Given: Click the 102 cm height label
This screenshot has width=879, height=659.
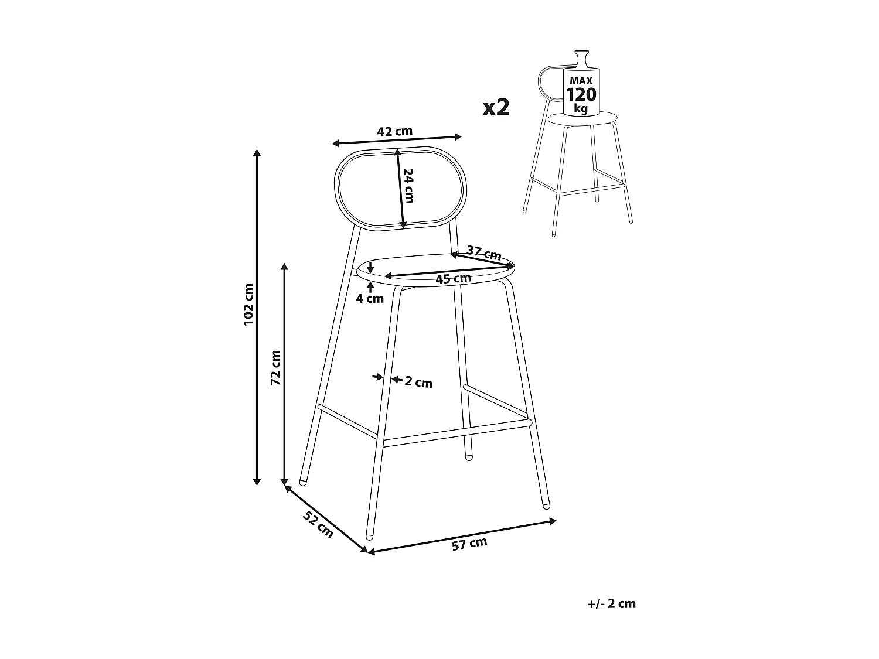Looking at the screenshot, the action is coord(248,304).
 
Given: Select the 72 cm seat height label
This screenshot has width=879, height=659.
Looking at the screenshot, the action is coord(275,367).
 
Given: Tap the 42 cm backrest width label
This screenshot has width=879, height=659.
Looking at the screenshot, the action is coord(394,131).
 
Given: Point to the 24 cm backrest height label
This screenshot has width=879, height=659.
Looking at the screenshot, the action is coord(408,186).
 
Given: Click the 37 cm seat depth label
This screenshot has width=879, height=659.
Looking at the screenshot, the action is coord(484,253).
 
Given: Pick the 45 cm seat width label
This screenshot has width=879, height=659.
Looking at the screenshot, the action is coord(453,278).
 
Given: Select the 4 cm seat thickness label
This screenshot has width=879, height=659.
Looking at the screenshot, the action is coord(370,298).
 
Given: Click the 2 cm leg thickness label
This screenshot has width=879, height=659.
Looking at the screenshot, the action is coord(418,382).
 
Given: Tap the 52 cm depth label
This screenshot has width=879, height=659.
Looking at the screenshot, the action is coord(318,524).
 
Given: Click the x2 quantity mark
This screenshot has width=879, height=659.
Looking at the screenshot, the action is coord(496,108).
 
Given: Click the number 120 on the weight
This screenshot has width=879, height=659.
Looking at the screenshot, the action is coord(581,95).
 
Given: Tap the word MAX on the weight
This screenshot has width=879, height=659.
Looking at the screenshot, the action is coord(581,81).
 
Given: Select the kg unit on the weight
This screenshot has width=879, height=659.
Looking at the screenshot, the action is coord(581,108).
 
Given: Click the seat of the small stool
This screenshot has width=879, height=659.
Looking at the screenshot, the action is coord(582,118).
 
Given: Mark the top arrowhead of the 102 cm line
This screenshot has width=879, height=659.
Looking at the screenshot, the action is coord(257,152).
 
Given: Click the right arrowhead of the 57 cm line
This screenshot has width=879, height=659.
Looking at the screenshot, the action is coord(553,521).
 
